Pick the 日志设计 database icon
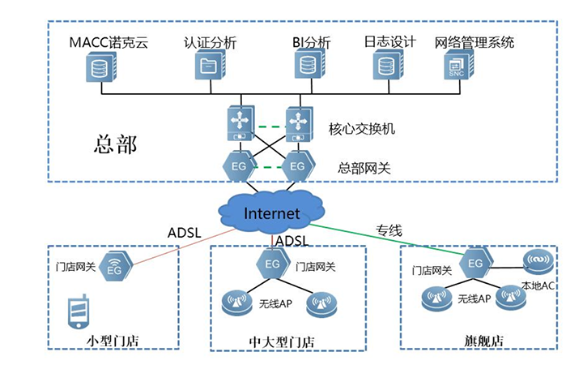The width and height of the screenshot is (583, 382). [x=386, y=66]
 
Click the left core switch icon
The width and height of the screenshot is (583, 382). [x=240, y=125]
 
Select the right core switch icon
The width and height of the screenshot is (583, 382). [x=299, y=124]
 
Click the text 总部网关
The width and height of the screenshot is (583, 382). [x=364, y=169]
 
